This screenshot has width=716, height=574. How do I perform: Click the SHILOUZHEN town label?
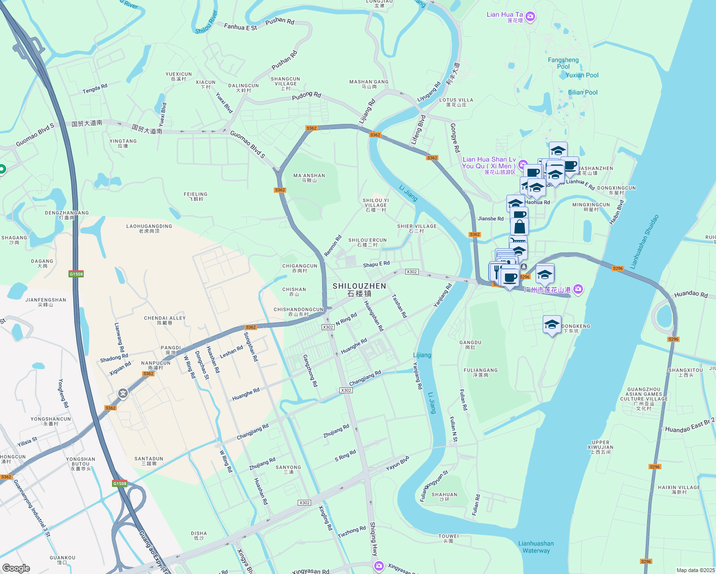pyautogui.click(x=359, y=289)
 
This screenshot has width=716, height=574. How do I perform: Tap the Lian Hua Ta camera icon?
pyautogui.click(x=530, y=17)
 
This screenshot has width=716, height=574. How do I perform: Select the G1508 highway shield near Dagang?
pyautogui.click(x=76, y=274)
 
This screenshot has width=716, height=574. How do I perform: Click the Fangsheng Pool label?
pyautogui.click(x=563, y=63)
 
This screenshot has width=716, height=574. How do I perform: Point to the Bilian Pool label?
pyautogui.click(x=582, y=92)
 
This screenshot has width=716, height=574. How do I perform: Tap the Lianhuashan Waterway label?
pyautogui.click(x=536, y=547)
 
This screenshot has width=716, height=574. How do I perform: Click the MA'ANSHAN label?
pyautogui.click(x=309, y=178)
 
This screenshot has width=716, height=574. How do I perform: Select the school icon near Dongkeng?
pyautogui.click(x=552, y=325)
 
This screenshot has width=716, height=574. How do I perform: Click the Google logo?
pyautogui.click(x=16, y=568)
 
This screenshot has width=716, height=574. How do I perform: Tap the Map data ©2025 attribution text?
pyautogui.click(x=695, y=570)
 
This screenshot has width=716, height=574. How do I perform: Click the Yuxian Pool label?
pyautogui.click(x=582, y=75)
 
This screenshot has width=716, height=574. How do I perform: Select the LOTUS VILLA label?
pyautogui.click(x=456, y=102)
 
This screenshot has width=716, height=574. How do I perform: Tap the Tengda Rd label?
pyautogui.click(x=95, y=89)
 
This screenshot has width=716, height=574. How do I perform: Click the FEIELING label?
pyautogui.click(x=195, y=196)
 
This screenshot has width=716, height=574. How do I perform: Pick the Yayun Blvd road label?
pyautogui.click(x=397, y=463)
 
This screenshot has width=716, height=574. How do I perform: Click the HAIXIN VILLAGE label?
pyautogui.click(x=679, y=489)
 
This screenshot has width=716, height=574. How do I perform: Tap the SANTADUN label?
pyautogui.click(x=149, y=461)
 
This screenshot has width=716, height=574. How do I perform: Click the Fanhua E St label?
pyautogui.click(x=240, y=27)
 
